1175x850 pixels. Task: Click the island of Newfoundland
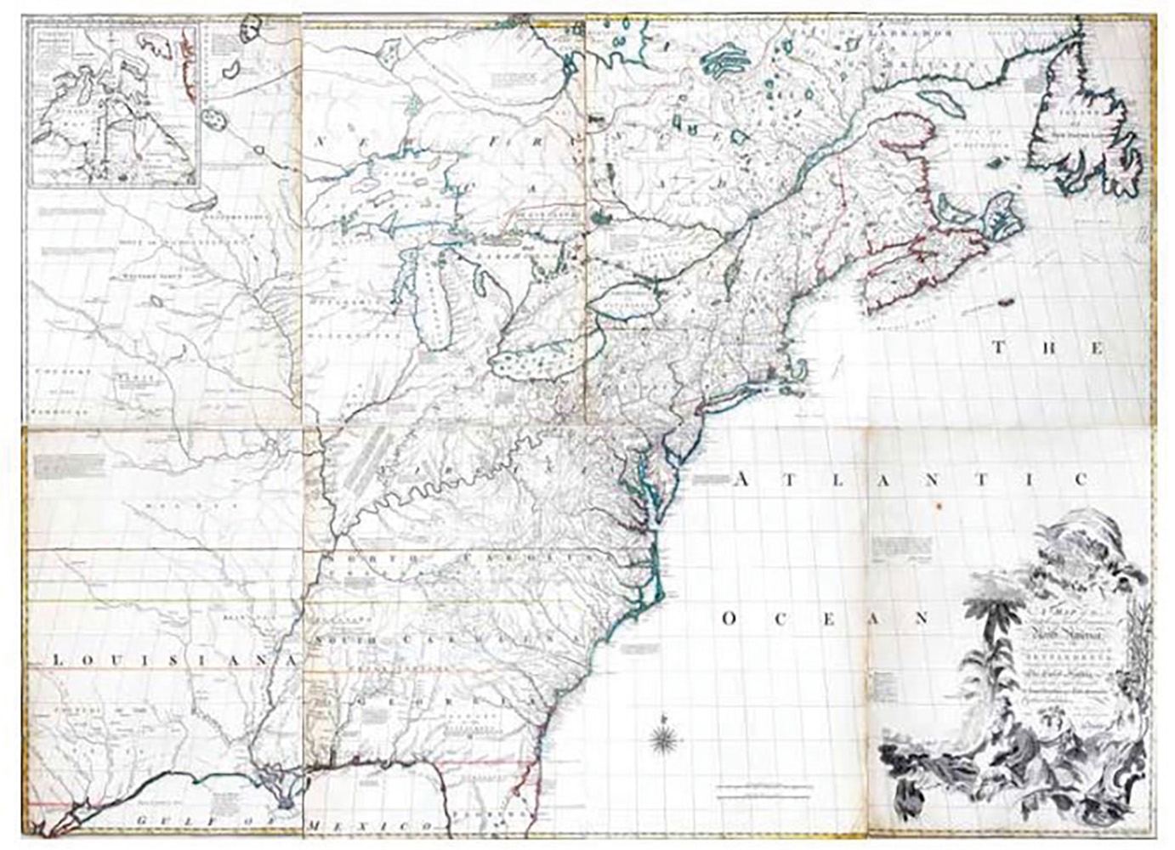click(1080, 127)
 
